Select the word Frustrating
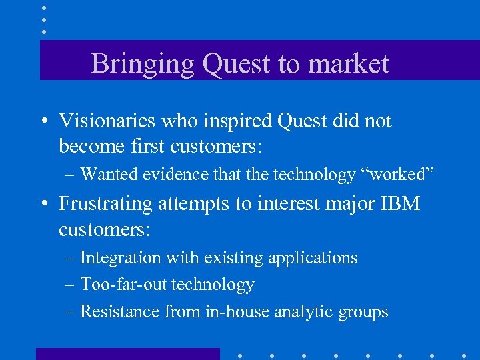point(106,204)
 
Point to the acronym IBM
point(400,203)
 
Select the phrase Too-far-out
point(124,285)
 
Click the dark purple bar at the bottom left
point(127,353)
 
